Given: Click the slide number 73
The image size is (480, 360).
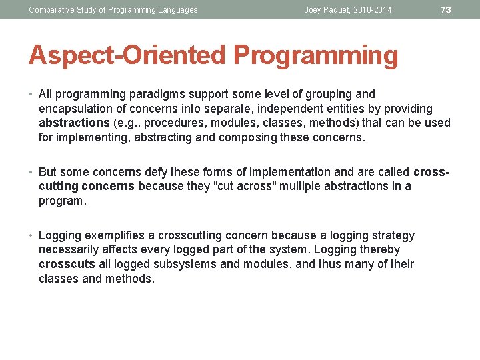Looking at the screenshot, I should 446,10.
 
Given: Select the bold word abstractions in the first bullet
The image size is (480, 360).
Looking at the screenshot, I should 74,123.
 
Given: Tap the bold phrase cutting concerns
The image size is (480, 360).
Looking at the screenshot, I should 87,187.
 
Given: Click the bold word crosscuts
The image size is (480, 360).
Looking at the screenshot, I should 67,265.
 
